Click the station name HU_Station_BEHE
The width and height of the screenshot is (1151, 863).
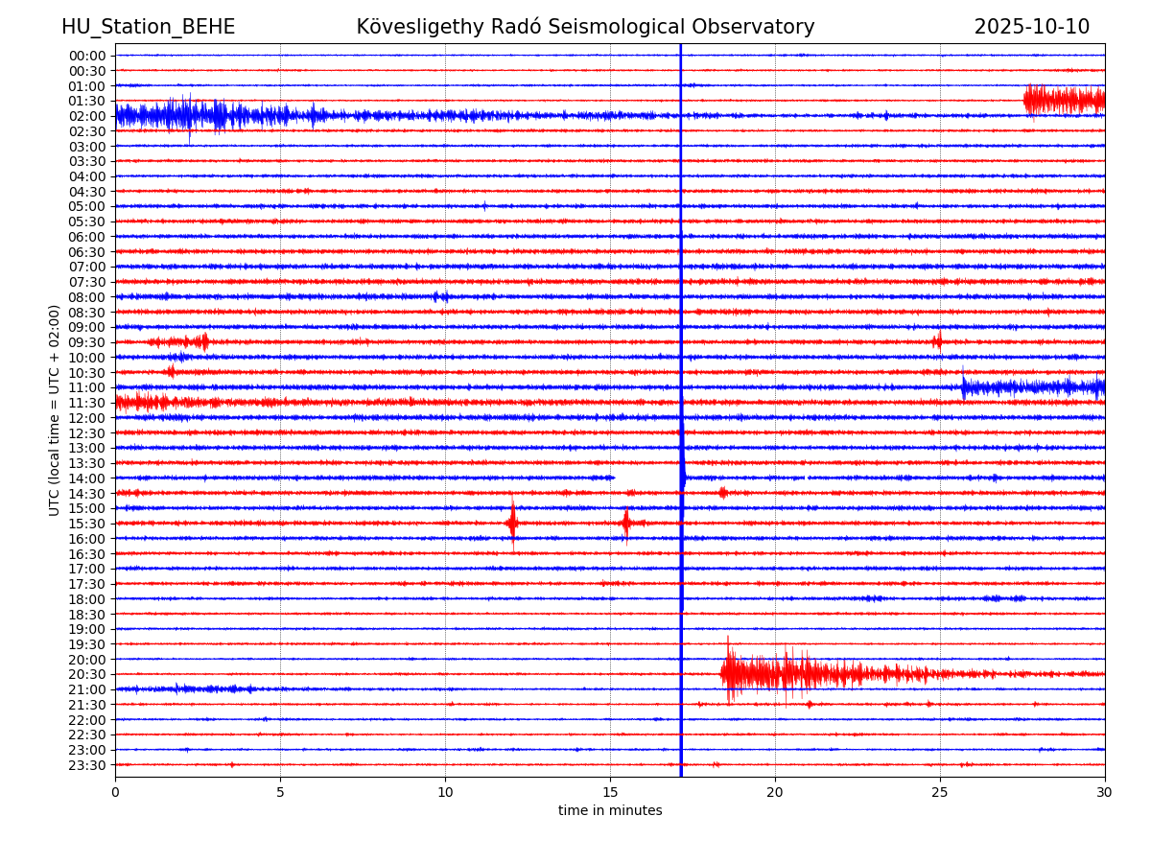pos(148,28)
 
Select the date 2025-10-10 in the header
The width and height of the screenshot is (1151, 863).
pos(1031,28)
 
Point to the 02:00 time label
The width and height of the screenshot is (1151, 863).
pos(86,116)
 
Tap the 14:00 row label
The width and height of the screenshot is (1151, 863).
pos(86,478)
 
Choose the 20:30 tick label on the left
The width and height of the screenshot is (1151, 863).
pos(86,675)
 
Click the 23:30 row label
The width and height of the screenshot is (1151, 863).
pos(86,765)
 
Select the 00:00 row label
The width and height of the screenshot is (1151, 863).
pos(86,56)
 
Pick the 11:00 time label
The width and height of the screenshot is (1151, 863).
pos(86,387)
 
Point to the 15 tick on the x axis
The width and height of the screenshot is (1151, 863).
pos(610,793)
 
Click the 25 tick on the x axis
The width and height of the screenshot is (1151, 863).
pos(940,793)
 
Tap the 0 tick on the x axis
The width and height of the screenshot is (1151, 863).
pos(115,793)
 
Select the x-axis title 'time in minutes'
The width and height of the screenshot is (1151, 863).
pos(610,811)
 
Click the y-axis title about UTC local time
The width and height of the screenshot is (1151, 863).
pos(55,409)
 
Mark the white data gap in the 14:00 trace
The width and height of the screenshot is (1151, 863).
pos(646,478)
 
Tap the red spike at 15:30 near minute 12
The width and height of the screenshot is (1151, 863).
pos(512,523)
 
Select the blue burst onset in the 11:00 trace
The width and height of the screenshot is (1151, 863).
pos(965,386)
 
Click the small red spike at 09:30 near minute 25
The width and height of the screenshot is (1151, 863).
pos(937,341)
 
